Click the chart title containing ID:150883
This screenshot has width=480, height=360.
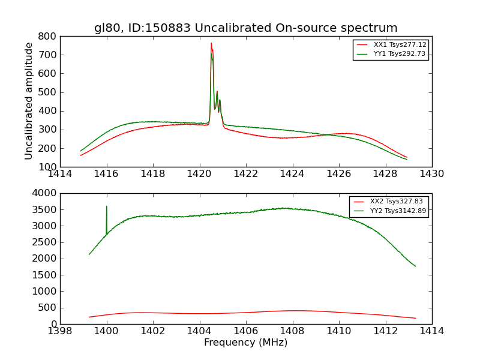click(245, 28)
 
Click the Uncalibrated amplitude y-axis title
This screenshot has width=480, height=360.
click(29, 101)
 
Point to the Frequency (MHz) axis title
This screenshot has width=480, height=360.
click(245, 343)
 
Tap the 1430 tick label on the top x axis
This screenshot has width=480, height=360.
click(431, 174)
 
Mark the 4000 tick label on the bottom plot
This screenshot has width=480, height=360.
click(44, 193)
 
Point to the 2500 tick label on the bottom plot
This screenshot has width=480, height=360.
click(44, 242)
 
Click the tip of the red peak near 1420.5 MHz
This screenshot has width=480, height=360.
click(211, 43)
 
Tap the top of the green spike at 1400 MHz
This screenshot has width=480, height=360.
click(107, 206)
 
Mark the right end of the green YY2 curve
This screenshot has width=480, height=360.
click(415, 266)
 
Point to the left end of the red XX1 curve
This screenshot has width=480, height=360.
click(80, 155)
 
